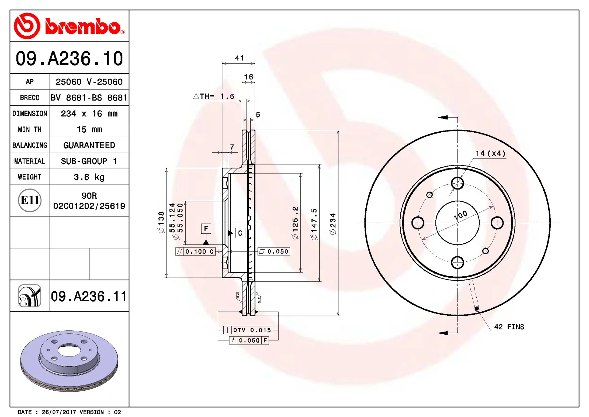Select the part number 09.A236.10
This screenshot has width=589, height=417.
(69, 58)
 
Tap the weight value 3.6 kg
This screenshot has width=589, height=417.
(89, 177)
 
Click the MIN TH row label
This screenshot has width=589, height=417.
(30, 130)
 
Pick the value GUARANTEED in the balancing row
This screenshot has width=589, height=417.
(89, 145)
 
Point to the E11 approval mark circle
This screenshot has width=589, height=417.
(30, 200)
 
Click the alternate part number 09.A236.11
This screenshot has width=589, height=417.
(89, 296)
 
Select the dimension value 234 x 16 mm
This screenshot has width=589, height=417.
(89, 114)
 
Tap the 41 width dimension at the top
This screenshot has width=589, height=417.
(239, 58)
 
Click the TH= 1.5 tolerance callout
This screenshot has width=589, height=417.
(214, 96)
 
